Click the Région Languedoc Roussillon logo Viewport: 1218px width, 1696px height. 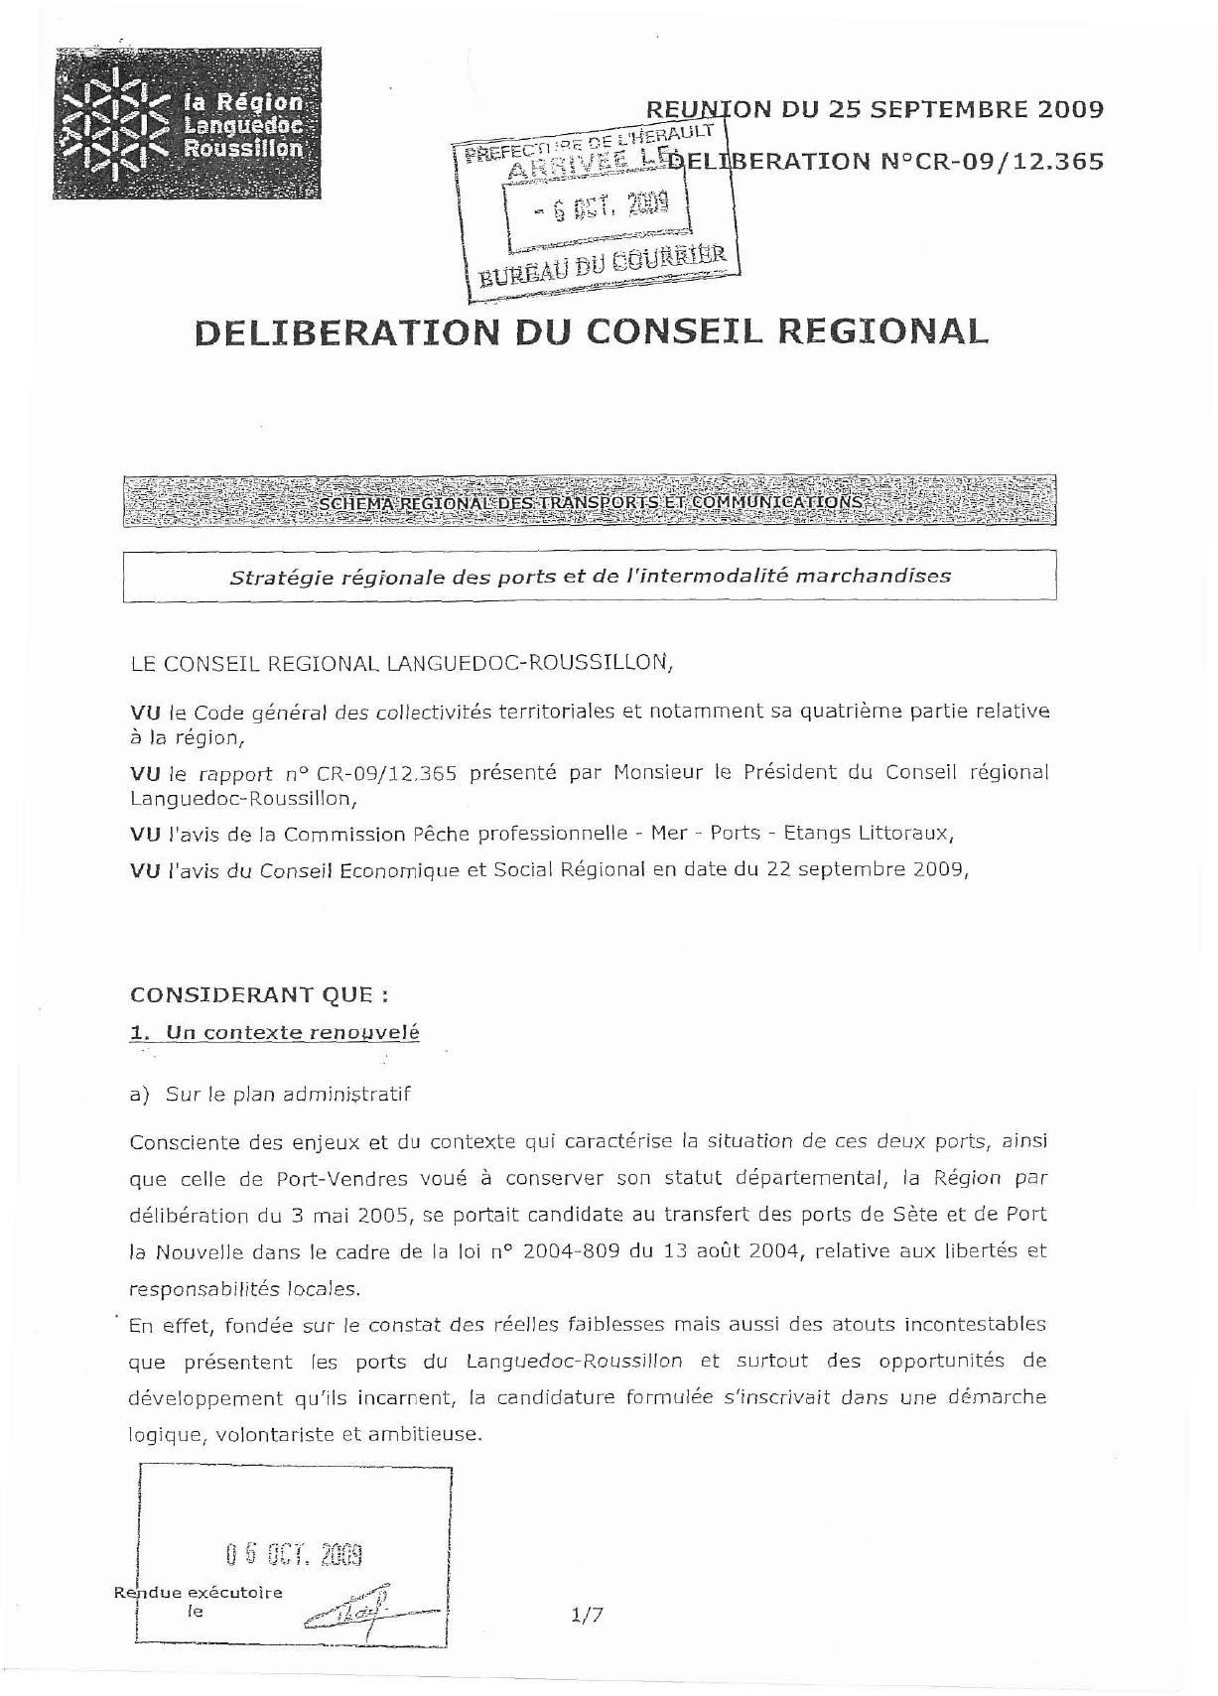tap(187, 125)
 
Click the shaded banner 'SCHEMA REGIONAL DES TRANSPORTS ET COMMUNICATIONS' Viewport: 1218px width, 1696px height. tap(590, 502)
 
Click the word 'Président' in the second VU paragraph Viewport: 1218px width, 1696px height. tap(788, 772)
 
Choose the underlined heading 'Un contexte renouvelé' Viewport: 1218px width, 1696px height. tap(292, 1032)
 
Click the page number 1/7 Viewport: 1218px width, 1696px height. tap(587, 1615)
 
